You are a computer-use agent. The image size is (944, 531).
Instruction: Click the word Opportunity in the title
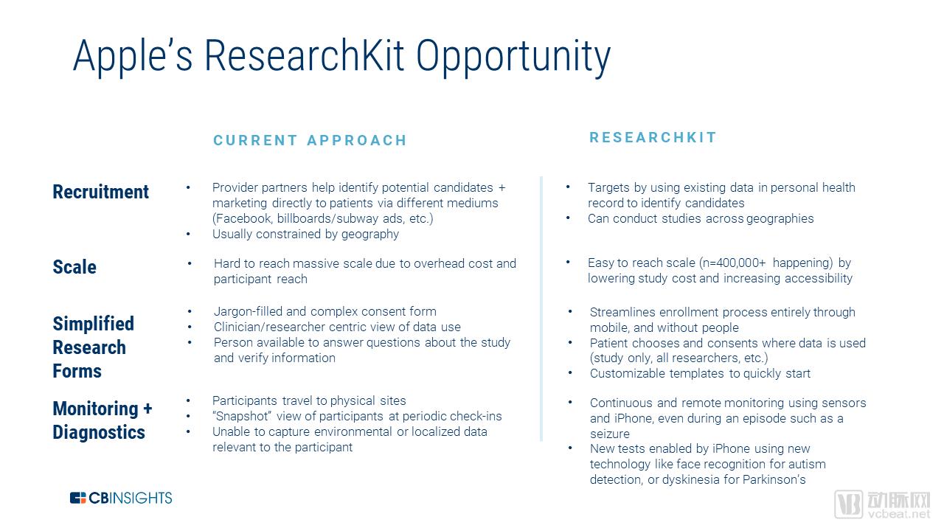coord(513,58)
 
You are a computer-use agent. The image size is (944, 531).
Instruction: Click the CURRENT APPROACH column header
coord(310,140)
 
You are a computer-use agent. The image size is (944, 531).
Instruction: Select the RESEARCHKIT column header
coord(653,137)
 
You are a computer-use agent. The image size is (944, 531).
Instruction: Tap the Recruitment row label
coord(101,192)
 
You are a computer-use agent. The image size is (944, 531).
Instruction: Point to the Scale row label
coord(74,267)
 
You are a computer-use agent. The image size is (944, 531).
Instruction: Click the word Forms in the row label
coord(77,371)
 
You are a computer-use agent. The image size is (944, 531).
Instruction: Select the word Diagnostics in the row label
coord(99,433)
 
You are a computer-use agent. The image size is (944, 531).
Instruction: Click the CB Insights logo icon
coord(77,498)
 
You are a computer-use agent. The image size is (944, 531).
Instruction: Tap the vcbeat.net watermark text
coord(899,514)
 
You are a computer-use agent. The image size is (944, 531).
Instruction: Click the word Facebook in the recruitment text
coord(243,219)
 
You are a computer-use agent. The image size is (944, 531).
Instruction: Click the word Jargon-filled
coord(248,312)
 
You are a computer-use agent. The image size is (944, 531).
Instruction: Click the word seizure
coord(610,434)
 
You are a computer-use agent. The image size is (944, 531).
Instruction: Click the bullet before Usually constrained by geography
coord(188,234)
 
